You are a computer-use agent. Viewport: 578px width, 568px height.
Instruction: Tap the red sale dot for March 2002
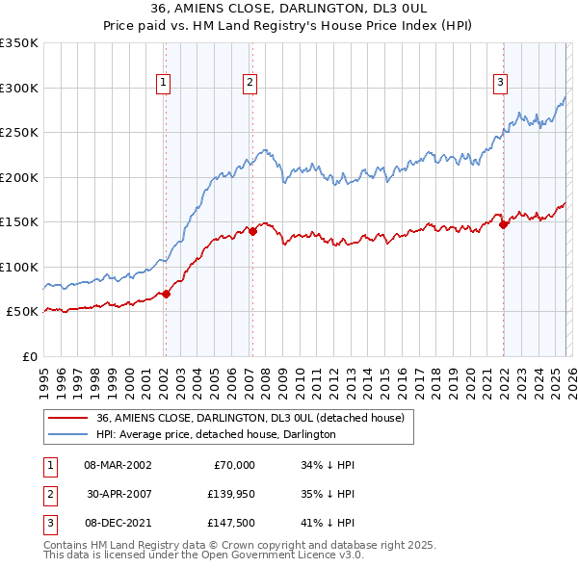(166, 294)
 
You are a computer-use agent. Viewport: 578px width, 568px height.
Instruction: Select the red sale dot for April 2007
(252, 231)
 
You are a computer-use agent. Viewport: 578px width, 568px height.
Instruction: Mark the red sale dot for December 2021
(503, 224)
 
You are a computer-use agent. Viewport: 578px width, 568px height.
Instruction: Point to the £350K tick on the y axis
(19, 43)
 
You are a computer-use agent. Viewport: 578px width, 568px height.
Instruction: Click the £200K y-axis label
(19, 177)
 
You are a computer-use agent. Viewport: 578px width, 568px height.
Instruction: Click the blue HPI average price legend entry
(215, 434)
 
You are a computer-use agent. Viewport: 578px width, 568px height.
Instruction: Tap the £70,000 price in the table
(231, 465)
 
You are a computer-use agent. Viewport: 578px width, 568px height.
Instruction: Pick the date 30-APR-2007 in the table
(118, 494)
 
